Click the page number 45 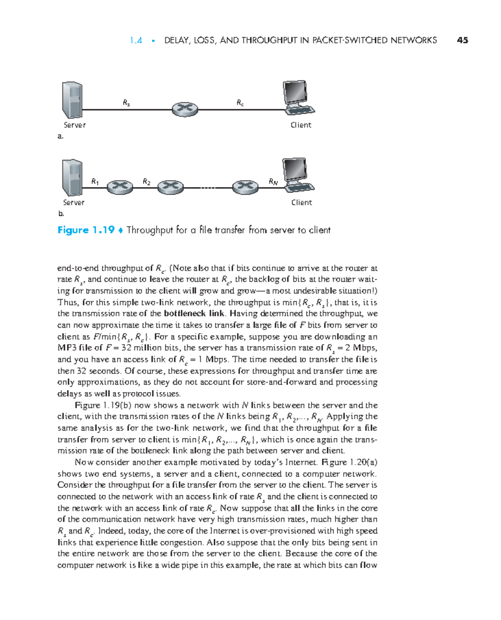click(462, 41)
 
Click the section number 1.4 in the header click(136, 41)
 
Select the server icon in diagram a click(72, 100)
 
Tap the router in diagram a click(185, 109)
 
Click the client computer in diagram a click(298, 98)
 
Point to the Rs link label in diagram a click(126, 102)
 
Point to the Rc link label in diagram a click(240, 102)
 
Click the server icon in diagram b click(72, 178)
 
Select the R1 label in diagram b click(95, 181)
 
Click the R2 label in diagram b click(147, 181)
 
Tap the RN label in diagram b click(273, 181)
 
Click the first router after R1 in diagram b click(120, 187)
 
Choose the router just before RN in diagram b click(245, 187)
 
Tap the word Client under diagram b click(301, 203)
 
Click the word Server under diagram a click(74, 125)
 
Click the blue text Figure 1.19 click(86, 230)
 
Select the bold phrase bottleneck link click(194, 313)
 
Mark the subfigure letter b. click(61, 213)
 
